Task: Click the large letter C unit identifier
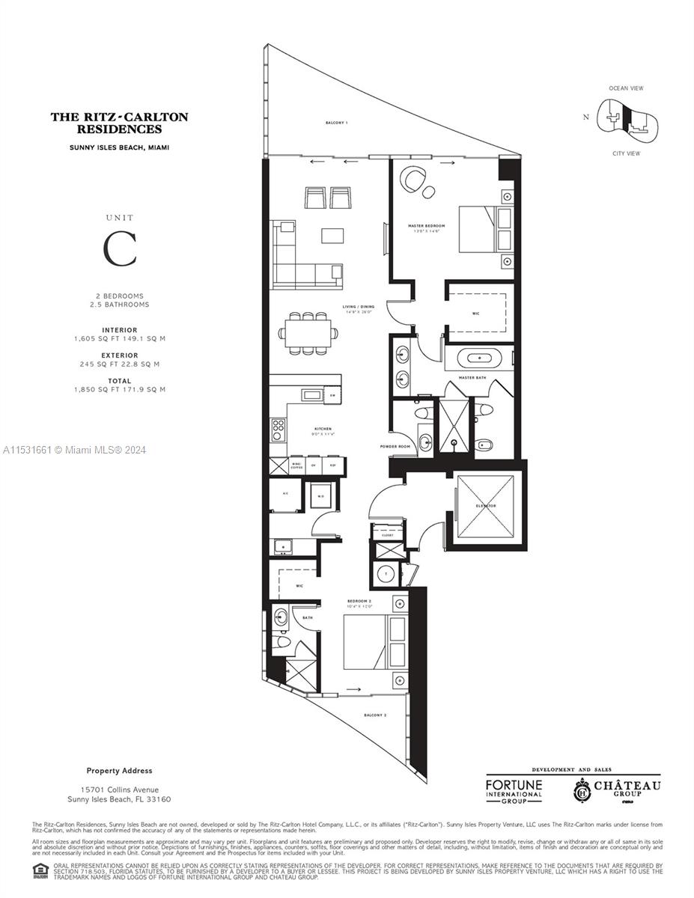120,249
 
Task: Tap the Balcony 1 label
336,122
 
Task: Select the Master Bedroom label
426,225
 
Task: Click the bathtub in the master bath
478,358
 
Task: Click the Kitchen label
323,429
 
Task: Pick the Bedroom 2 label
359,600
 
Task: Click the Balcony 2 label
375,715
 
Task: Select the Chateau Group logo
618,789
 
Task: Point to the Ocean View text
626,88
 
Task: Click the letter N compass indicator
586,116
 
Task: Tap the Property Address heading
119,771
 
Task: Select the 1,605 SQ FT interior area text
119,339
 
